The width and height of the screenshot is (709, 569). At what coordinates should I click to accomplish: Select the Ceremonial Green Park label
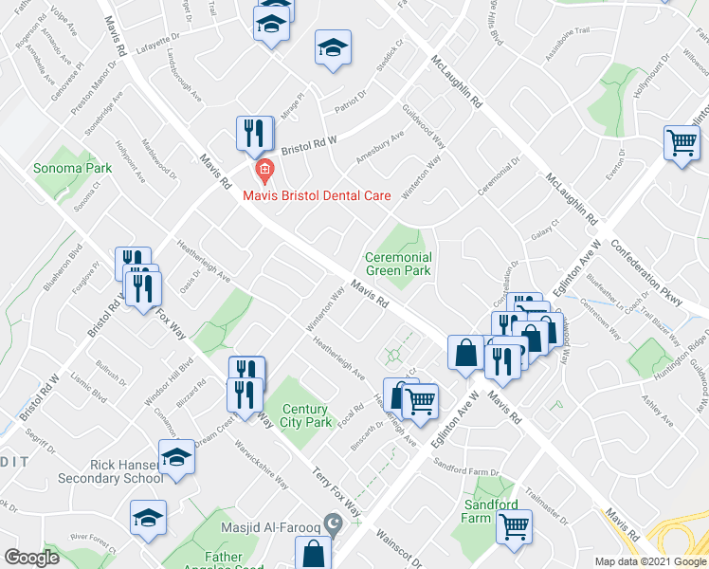click(x=399, y=264)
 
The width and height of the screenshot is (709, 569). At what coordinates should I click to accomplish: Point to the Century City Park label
click(x=304, y=415)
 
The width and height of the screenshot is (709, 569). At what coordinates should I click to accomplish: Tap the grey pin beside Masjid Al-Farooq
click(x=332, y=523)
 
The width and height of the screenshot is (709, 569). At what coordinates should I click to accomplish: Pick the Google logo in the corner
click(x=31, y=557)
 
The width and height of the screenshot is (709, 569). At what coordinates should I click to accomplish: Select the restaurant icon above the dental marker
click(x=254, y=132)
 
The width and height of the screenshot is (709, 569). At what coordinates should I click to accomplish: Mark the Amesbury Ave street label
click(x=378, y=147)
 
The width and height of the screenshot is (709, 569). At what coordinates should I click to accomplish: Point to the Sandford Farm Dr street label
click(x=466, y=466)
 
